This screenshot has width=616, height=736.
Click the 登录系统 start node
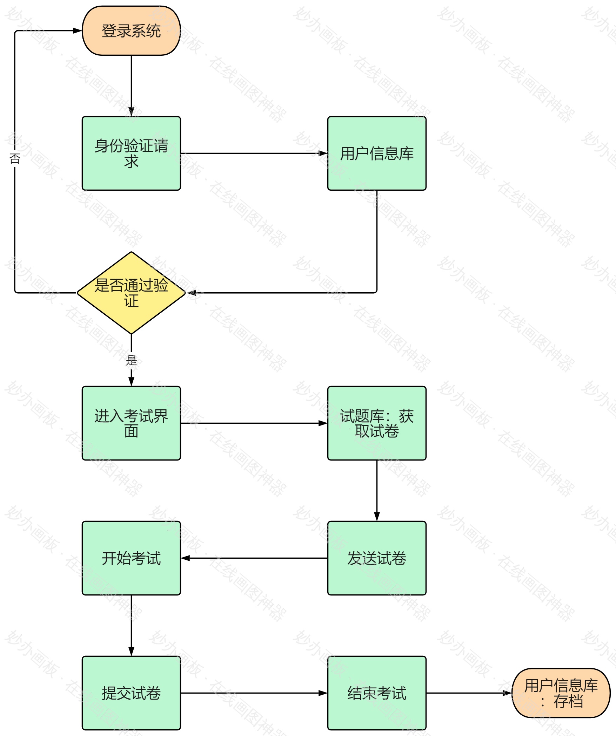tap(131, 31)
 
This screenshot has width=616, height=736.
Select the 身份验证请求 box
tap(131, 154)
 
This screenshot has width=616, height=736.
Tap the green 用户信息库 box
tap(377, 154)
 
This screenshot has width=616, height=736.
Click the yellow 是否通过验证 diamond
tap(131, 293)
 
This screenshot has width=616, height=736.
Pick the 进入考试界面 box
tap(131, 423)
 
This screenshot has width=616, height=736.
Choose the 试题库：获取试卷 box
tap(377, 423)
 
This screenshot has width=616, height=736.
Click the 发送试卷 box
tap(377, 558)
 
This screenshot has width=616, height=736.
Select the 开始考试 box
tap(131, 558)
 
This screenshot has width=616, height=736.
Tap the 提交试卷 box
tap(131, 693)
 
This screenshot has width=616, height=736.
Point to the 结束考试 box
tap(377, 693)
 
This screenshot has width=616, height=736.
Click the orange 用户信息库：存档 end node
tap(561, 693)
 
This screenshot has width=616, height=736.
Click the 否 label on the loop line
tap(15, 159)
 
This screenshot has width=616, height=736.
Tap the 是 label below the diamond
tap(131, 360)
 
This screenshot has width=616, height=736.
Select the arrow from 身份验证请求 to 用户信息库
tap(254, 154)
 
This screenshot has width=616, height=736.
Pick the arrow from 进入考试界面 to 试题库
tap(254, 423)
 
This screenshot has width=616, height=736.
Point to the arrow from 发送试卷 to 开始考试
tap(254, 558)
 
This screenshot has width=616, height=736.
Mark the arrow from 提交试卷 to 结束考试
tap(254, 693)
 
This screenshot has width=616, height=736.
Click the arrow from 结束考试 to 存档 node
tap(469, 693)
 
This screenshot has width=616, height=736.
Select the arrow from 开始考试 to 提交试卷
tap(131, 625)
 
